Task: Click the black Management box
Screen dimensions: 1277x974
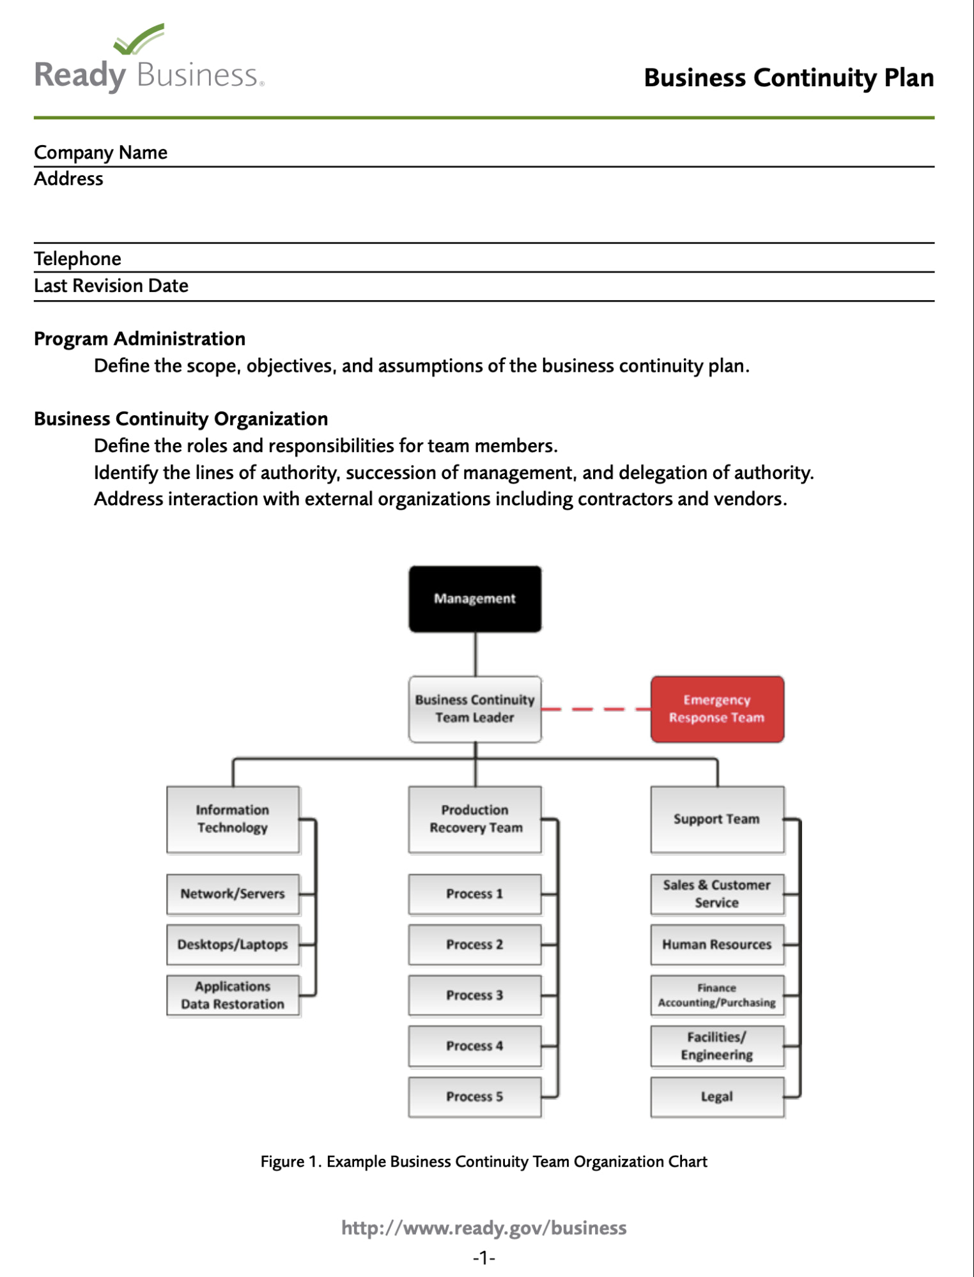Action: tap(475, 599)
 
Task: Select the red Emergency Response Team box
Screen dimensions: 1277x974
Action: tap(716, 709)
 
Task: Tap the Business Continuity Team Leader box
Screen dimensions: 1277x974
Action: tap(475, 709)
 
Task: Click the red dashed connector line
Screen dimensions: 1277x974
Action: tap(596, 709)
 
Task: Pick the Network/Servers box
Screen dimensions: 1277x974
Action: tap(233, 894)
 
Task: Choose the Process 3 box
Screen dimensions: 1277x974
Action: tap(475, 995)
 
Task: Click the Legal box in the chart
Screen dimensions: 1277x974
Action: tap(716, 1096)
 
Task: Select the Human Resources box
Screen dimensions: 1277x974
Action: tap(716, 944)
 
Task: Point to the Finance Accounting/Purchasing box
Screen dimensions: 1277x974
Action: tap(716, 995)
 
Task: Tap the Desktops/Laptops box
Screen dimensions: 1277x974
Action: tap(233, 944)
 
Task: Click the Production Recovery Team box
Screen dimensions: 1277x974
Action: tap(475, 819)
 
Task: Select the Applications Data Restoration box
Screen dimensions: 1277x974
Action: tap(233, 995)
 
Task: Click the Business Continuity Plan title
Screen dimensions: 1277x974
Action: tap(788, 78)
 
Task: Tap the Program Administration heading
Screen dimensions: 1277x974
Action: tap(139, 339)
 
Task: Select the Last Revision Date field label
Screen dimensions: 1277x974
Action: tap(111, 286)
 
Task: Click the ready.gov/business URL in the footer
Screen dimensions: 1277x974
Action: tap(484, 1228)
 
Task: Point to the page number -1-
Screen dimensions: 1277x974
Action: tap(484, 1258)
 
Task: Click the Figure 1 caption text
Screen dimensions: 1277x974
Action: tap(484, 1161)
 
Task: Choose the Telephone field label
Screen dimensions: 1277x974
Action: tap(77, 259)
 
